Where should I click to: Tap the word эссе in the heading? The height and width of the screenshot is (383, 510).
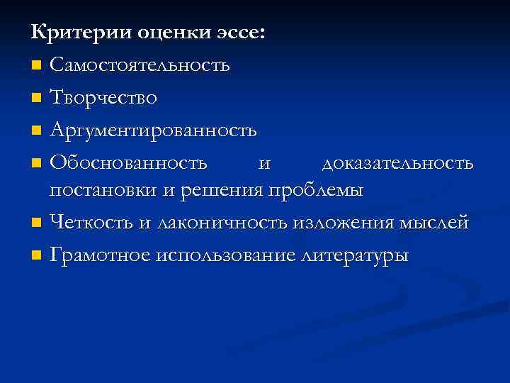coord(239,33)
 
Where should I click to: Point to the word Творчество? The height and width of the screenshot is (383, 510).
coord(103,98)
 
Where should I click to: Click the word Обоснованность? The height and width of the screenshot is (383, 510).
coord(129,163)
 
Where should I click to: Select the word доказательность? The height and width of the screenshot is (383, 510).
coord(397,163)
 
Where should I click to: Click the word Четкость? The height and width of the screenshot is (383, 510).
coord(91,223)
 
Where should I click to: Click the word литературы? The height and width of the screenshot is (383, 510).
coord(354,255)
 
